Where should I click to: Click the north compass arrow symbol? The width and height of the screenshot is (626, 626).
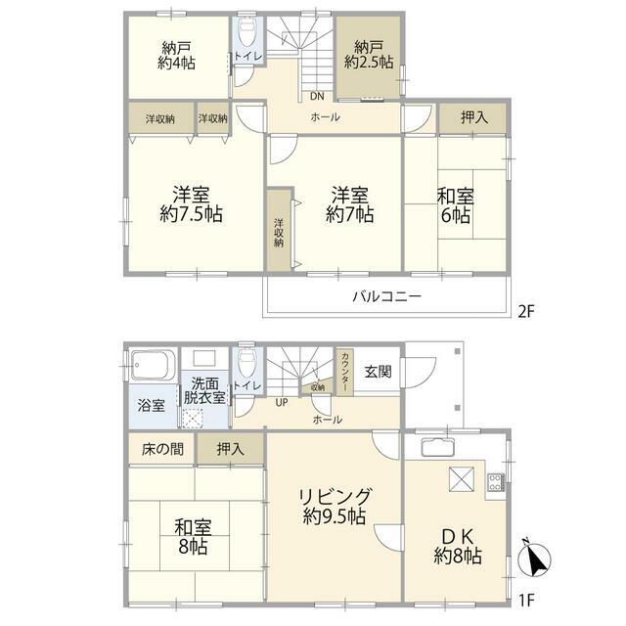pyautogui.click(x=534, y=559)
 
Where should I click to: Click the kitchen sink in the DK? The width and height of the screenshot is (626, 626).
pyautogui.click(x=438, y=447)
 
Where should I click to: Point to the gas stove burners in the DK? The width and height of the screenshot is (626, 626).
pyautogui.click(x=496, y=481)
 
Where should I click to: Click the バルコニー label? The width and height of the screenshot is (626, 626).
pyautogui.click(x=386, y=296)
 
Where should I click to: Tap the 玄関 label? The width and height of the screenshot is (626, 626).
pyautogui.click(x=379, y=372)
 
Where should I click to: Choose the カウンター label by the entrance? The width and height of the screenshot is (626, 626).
pyautogui.click(x=345, y=372)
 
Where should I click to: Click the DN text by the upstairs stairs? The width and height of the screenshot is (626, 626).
pyautogui.click(x=317, y=96)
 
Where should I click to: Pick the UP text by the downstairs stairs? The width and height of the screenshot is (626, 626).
pyautogui.click(x=282, y=402)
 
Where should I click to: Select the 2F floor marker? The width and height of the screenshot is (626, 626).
pyautogui.click(x=526, y=311)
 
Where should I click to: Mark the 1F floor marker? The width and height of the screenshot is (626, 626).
pyautogui.click(x=526, y=600)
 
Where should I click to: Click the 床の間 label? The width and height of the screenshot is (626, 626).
pyautogui.click(x=162, y=450)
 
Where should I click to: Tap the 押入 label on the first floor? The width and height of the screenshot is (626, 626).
pyautogui.click(x=231, y=450)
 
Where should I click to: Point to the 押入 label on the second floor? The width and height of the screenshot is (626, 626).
pyautogui.click(x=473, y=117)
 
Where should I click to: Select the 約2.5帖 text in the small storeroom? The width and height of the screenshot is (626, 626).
pyautogui.click(x=369, y=63)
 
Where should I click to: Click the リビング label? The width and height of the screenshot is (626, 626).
pyautogui.click(x=335, y=497)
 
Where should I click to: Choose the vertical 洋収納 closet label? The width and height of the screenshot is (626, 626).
pyautogui.click(x=279, y=233)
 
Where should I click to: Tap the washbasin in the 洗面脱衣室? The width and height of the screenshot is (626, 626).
pyautogui.click(x=204, y=358)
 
